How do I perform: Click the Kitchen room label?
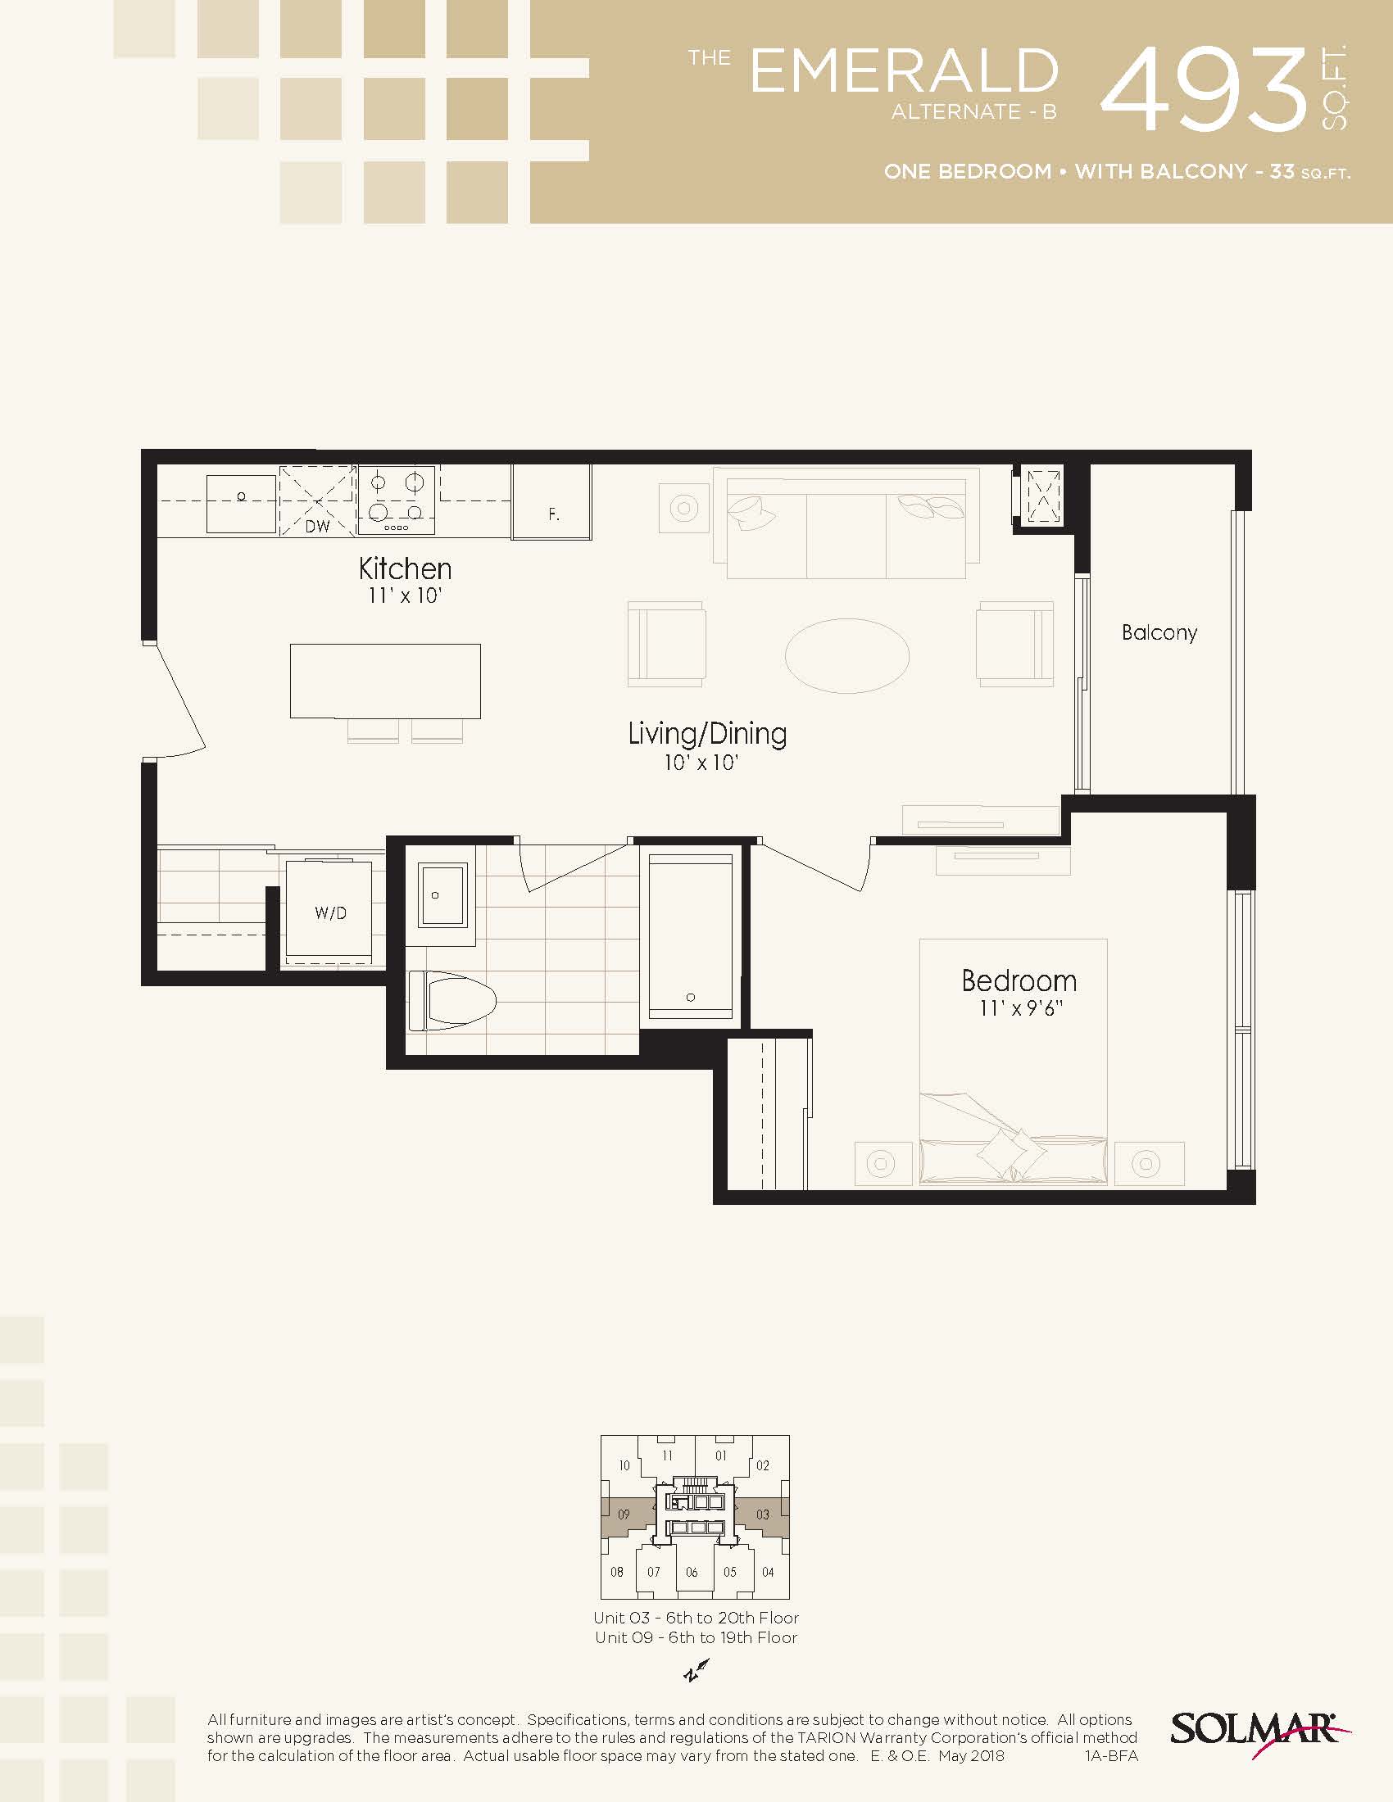click(405, 568)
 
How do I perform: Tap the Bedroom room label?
click(1019, 980)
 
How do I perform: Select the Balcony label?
click(1159, 633)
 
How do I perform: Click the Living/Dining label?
click(707, 734)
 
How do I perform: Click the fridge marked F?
click(551, 501)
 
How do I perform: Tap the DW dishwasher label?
click(317, 526)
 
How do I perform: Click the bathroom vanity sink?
click(443, 894)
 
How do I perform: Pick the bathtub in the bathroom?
click(691, 935)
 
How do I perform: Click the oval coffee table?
click(846, 656)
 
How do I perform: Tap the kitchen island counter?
click(385, 681)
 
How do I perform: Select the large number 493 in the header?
click(1205, 89)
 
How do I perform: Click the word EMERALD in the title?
click(904, 71)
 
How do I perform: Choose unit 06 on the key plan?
click(692, 1572)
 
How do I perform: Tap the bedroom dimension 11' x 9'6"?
click(1021, 1008)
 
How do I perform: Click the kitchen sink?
click(241, 503)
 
